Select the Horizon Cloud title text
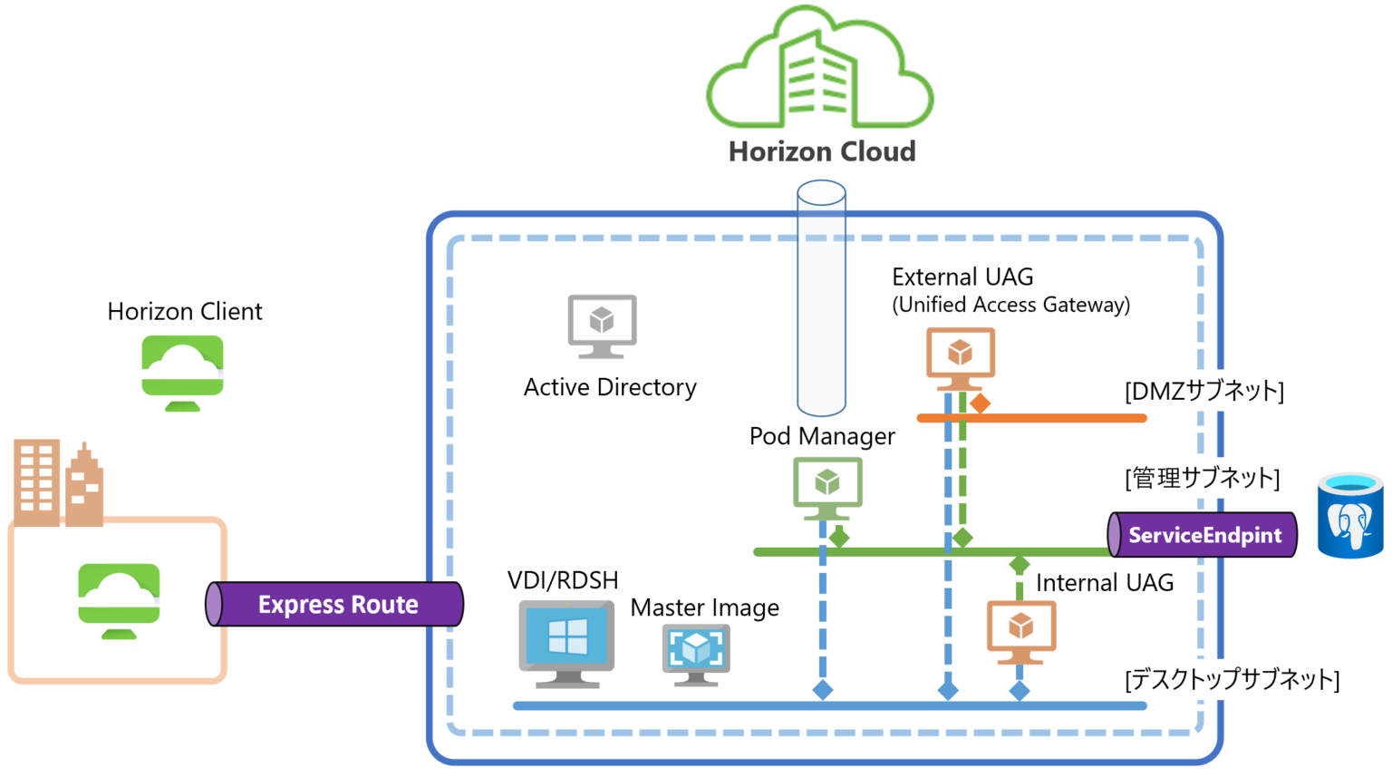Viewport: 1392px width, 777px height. tap(822, 151)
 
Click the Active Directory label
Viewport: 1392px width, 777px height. tap(610, 388)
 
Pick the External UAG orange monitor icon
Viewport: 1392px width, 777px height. tap(960, 356)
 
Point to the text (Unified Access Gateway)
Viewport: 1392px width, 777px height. tap(1010, 305)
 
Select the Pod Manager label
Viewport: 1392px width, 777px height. tap(822, 437)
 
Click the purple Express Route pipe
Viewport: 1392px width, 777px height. tap(335, 605)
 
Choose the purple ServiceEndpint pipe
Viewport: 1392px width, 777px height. tap(1203, 535)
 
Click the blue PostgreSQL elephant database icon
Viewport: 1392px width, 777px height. tap(1350, 516)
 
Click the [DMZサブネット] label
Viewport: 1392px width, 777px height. tap(1203, 392)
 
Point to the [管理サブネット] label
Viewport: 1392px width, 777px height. tap(1202, 478)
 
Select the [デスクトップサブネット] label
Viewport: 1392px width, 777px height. tap(1232, 679)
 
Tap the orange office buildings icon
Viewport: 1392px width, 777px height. tap(58, 484)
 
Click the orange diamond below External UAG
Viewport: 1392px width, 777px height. tap(980, 403)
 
